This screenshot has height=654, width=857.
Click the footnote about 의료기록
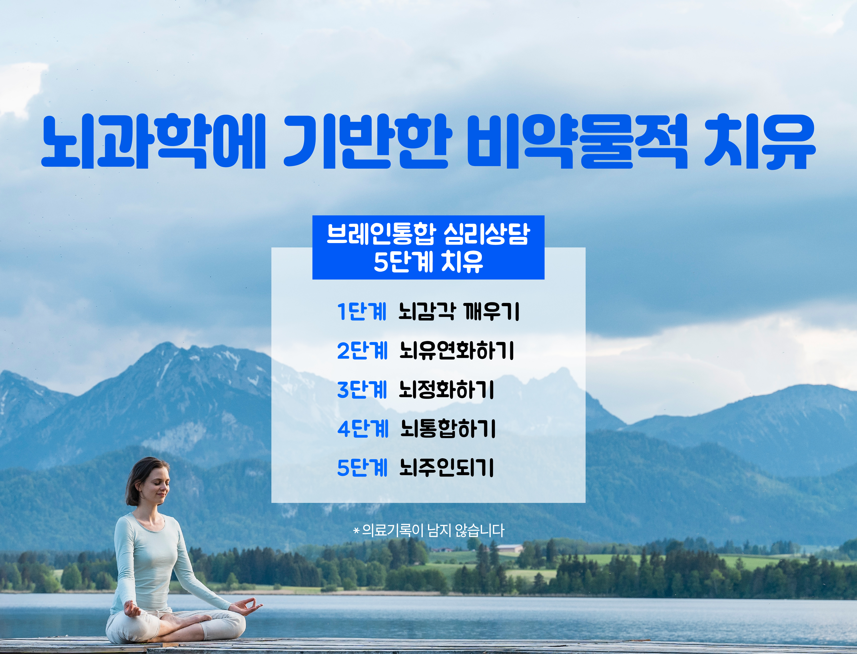click(x=428, y=530)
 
